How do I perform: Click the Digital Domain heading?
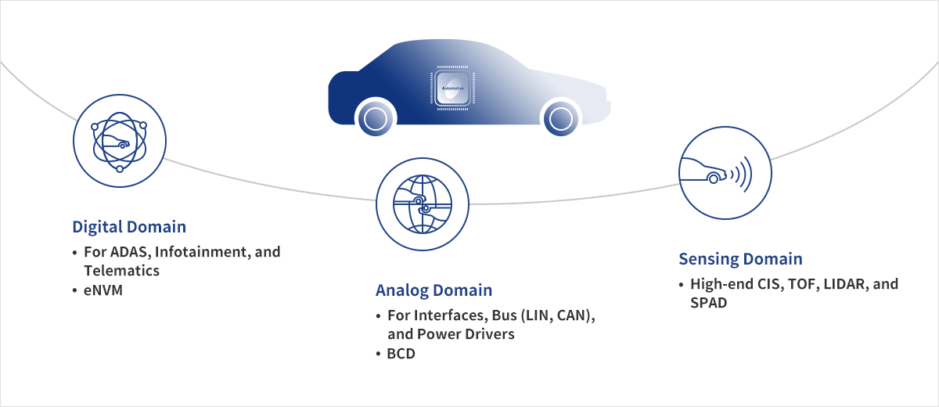(129, 227)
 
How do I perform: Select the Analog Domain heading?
(434, 290)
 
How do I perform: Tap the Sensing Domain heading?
(741, 259)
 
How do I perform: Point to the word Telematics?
(121, 271)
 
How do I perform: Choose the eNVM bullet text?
(103, 290)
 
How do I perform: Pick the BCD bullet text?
(401, 354)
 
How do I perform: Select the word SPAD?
(708, 303)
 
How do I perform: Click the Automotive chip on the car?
(452, 88)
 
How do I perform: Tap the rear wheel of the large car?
(376, 119)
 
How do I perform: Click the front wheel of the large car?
(561, 119)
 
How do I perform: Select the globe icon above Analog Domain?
(422, 204)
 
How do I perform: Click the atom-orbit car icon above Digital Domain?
(120, 141)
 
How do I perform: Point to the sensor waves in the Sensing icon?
(741, 174)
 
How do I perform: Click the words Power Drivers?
(466, 334)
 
